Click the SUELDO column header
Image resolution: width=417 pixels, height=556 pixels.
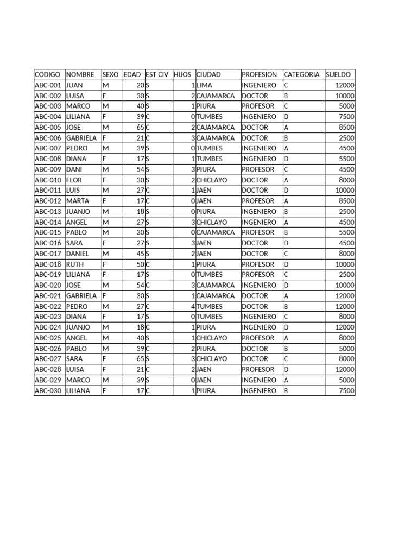[x=338, y=74]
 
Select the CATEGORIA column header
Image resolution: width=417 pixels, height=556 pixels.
[x=301, y=74]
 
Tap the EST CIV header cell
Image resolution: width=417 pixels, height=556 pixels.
[x=157, y=74]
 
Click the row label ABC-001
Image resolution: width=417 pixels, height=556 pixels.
[x=48, y=85]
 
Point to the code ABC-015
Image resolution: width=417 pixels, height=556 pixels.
[x=48, y=232]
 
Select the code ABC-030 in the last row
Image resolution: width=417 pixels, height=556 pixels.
[x=48, y=390]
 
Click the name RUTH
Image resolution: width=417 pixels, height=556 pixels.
[x=74, y=264]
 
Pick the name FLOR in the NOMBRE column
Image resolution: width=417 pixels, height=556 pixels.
[x=74, y=180]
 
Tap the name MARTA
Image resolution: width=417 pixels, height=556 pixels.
[x=78, y=201]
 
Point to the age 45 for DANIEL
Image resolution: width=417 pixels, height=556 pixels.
[x=140, y=254]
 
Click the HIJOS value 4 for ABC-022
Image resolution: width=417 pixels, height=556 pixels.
[x=193, y=306]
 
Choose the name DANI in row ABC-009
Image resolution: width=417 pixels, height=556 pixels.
[x=75, y=169]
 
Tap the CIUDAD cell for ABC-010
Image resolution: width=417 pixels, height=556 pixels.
[x=212, y=180]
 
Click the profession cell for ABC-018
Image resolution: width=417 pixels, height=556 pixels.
[x=258, y=264]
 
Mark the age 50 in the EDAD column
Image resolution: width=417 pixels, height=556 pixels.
[x=140, y=264]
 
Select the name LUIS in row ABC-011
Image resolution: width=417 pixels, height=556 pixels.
[x=73, y=191]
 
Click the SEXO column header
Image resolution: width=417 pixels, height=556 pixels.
[x=110, y=74]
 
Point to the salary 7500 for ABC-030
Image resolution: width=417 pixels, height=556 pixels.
[x=346, y=390]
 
